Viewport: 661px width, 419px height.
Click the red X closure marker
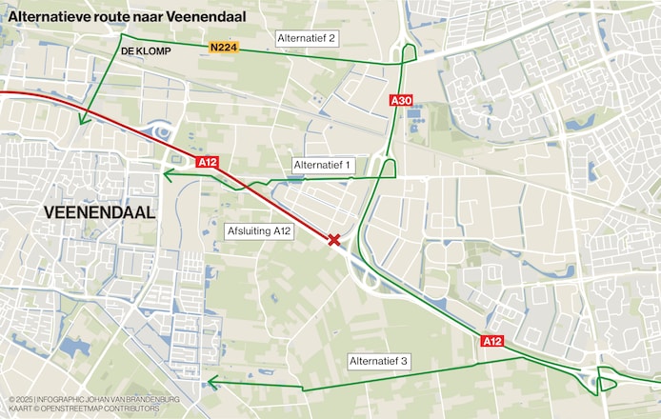pyautogui.click(x=334, y=240)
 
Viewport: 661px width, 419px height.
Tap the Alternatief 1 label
pyautogui.click(x=323, y=166)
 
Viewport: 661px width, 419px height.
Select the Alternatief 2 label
pyautogui.click(x=307, y=38)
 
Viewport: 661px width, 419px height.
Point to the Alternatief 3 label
pyautogui.click(x=378, y=361)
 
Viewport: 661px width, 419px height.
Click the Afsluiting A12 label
pyautogui.click(x=259, y=230)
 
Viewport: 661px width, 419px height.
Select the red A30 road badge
pyautogui.click(x=401, y=100)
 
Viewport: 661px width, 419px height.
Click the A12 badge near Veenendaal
pyautogui.click(x=208, y=162)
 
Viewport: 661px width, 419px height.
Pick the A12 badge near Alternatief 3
pyautogui.click(x=491, y=341)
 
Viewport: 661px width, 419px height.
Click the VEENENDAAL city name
pyautogui.click(x=99, y=212)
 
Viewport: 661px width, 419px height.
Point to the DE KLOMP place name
pyautogui.click(x=146, y=51)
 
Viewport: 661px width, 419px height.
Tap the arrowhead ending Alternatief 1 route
pyautogui.click(x=167, y=174)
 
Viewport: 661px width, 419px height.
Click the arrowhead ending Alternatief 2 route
pyautogui.click(x=84, y=120)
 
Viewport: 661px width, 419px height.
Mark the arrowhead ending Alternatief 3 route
pyautogui.click(x=212, y=383)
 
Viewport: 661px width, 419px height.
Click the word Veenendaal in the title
pyautogui.click(x=204, y=15)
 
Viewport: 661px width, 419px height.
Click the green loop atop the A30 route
pyautogui.click(x=409, y=51)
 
